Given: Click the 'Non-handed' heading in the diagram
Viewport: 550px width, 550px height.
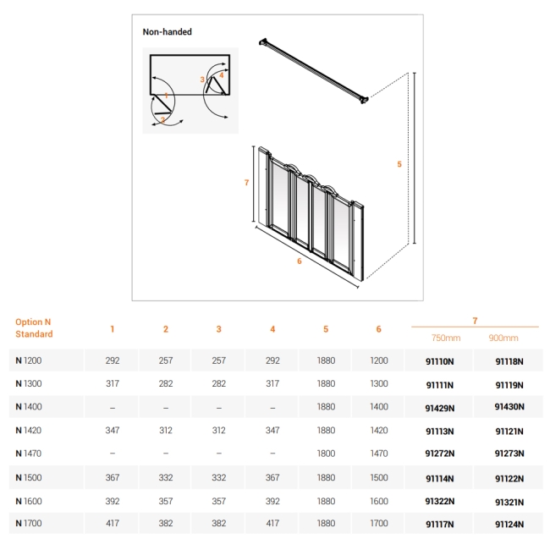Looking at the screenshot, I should pos(167,32).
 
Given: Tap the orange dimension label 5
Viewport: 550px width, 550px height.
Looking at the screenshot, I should pos(399,164).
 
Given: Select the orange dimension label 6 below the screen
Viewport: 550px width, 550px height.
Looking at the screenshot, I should pos(300,261).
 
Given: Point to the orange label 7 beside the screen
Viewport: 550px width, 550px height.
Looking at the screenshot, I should pos(245,182).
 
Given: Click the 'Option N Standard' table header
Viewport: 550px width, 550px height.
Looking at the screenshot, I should pos(34,328).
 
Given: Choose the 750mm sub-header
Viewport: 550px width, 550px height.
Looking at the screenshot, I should pos(446,338).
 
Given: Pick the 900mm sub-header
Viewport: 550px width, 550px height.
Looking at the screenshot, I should pos(503,338).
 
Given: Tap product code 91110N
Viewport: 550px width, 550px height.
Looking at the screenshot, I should pos(439,361).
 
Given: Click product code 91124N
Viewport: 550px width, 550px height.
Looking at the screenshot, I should pos(509,525).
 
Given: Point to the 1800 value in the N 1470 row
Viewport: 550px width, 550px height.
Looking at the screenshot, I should pos(326,454).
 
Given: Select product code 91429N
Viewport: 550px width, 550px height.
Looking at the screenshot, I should pos(439,407).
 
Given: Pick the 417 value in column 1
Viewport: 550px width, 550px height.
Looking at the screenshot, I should pos(113,524).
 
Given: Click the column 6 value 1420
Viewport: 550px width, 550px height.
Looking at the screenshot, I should pos(378,431).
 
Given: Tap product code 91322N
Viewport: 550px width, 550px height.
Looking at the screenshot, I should pos(439,501).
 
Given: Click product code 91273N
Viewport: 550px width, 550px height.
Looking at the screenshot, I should pos(509,454).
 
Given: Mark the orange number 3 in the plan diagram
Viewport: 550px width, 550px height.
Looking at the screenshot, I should pos(202,80).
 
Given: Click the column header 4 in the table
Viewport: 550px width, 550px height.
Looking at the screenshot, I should pos(272,329).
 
